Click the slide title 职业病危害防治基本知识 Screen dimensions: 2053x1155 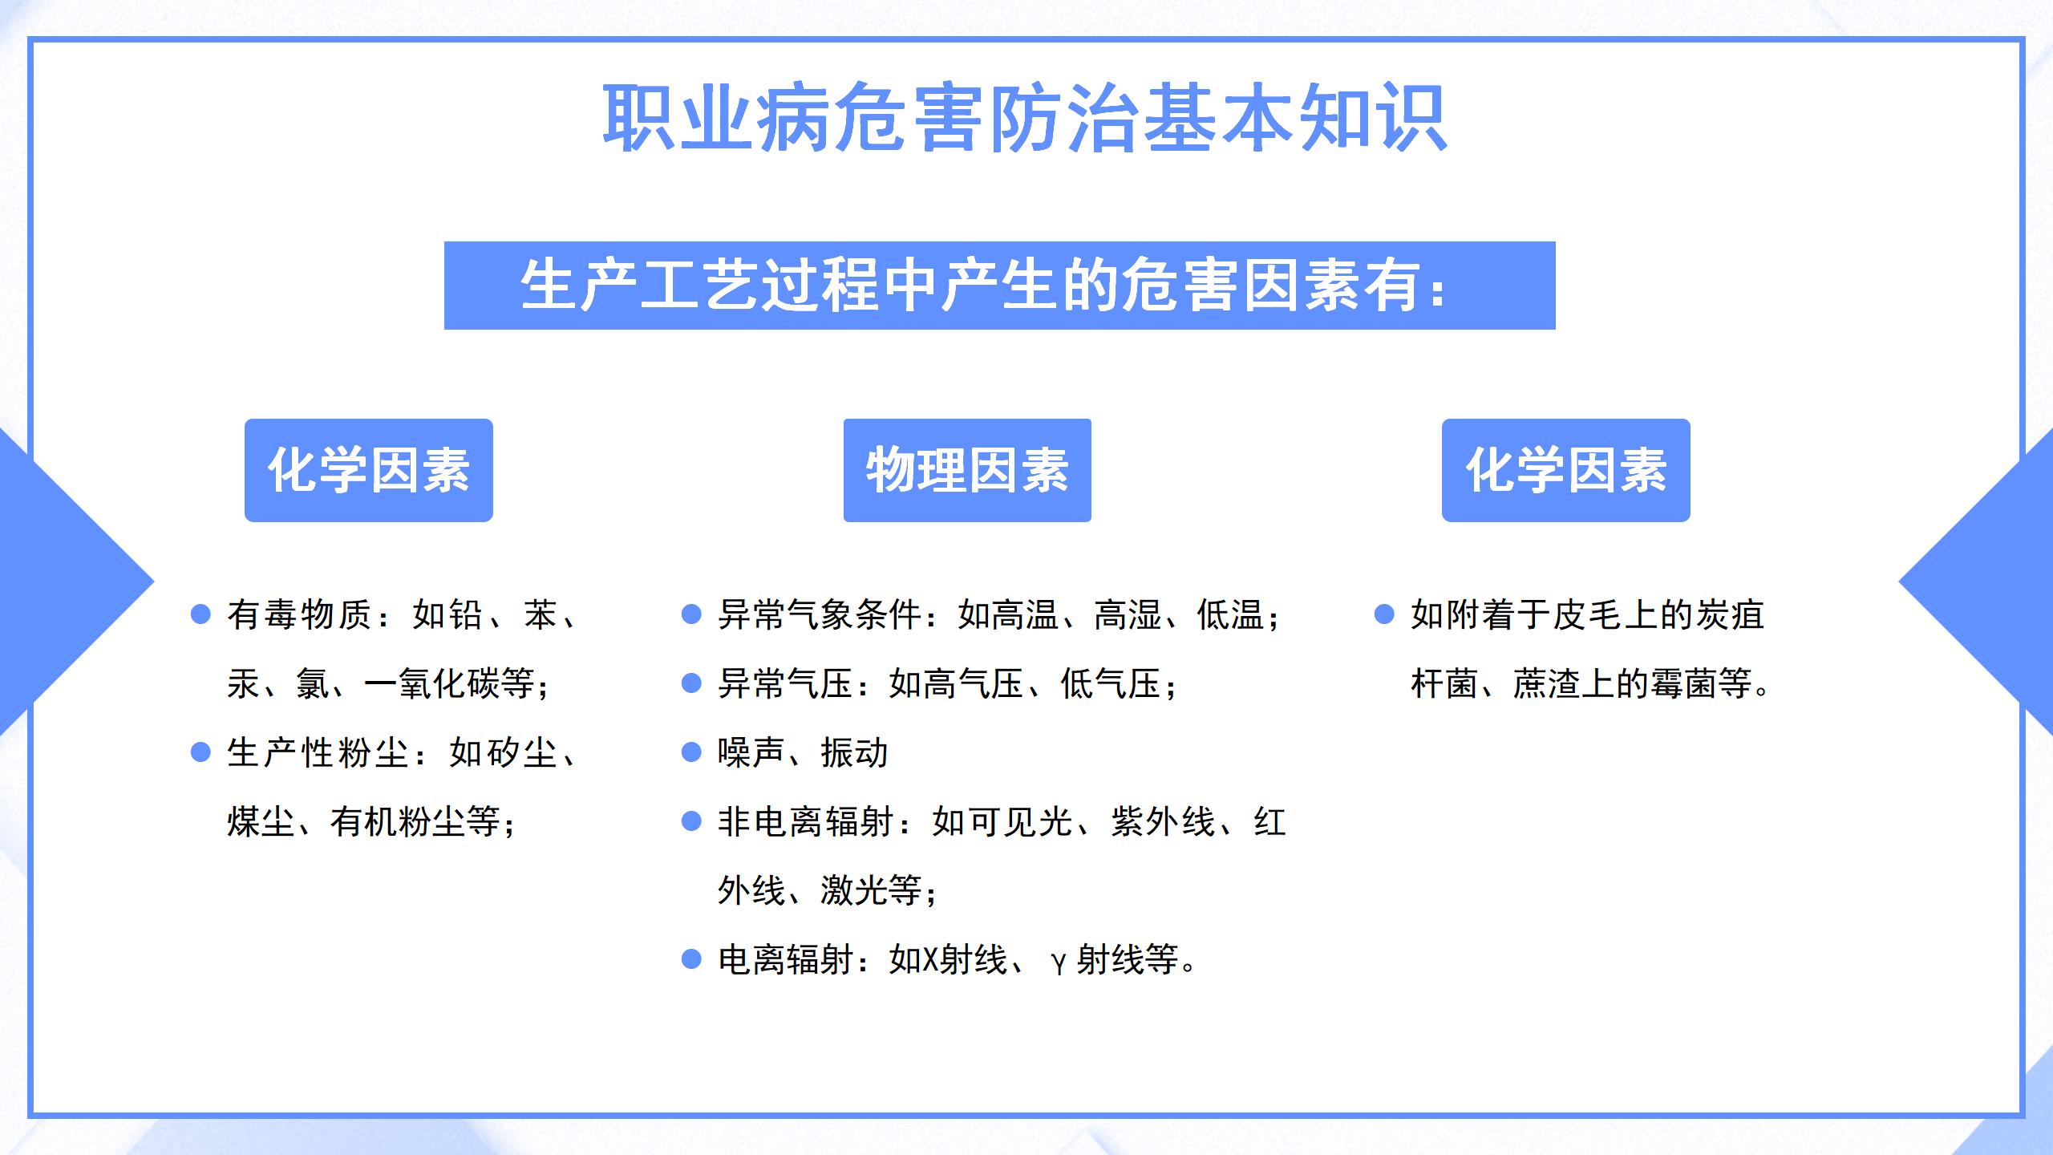[x=1025, y=118]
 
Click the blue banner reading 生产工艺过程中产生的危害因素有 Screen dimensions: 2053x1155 [x=999, y=286]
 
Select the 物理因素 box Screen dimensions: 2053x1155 [x=967, y=470]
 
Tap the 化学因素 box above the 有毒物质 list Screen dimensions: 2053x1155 [x=369, y=470]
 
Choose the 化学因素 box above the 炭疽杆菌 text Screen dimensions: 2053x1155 [x=1565, y=470]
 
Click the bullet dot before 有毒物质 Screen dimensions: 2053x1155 [x=200, y=614]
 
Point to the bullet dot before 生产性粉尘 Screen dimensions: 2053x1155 [x=200, y=752]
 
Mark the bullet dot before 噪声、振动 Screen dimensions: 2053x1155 [x=691, y=752]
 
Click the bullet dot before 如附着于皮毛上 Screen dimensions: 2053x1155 [x=1384, y=614]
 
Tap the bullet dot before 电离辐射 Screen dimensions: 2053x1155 [x=691, y=958]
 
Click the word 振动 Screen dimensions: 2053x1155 [x=854, y=752]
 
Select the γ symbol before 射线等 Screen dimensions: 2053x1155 [x=1059, y=962]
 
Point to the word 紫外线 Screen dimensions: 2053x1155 [x=1163, y=821]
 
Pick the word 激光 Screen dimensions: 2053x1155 [x=854, y=890]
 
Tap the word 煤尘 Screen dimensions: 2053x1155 [x=261, y=821]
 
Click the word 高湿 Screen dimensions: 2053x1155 [x=1128, y=614]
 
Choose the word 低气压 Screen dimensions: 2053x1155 [x=1111, y=683]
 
